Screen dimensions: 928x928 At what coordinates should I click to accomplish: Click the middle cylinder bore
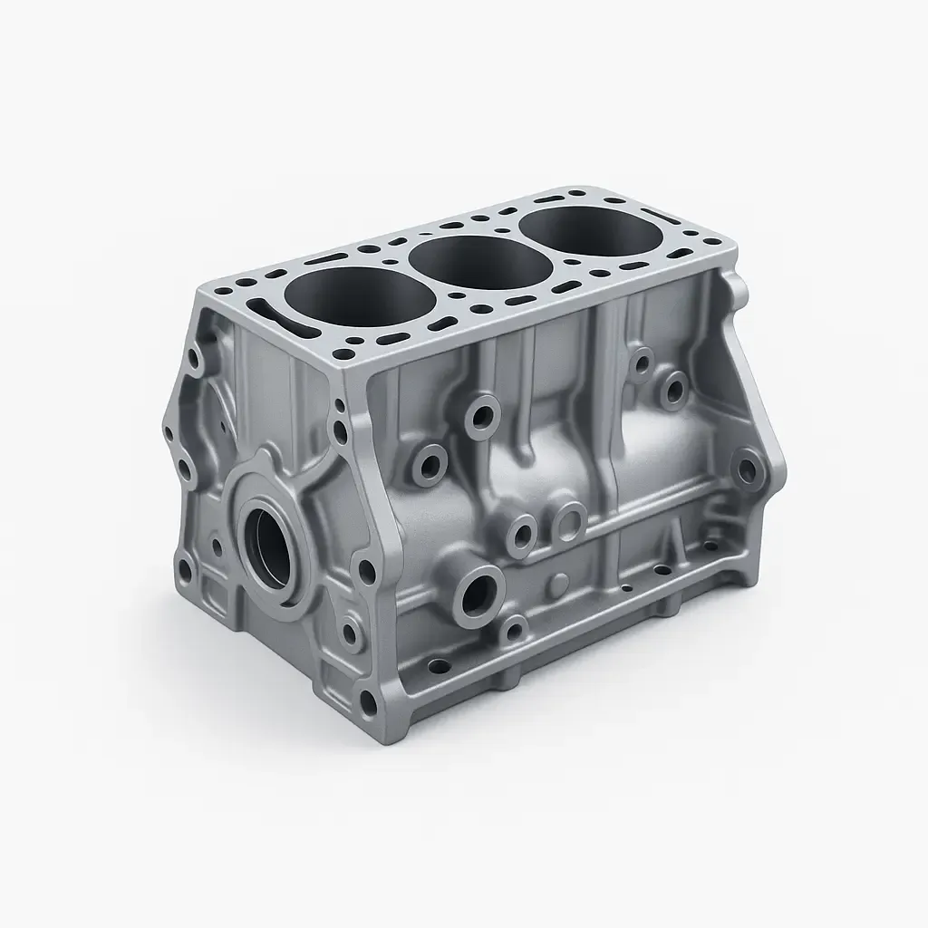point(480,257)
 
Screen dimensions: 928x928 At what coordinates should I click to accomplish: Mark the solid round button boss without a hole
point(560,580)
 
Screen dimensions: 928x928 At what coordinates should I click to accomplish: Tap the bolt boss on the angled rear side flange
point(745,469)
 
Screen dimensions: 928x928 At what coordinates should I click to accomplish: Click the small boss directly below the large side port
point(515,627)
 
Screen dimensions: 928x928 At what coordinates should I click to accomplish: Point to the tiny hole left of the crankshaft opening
point(217,546)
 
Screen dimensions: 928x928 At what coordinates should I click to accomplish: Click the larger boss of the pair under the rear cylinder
point(673,391)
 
